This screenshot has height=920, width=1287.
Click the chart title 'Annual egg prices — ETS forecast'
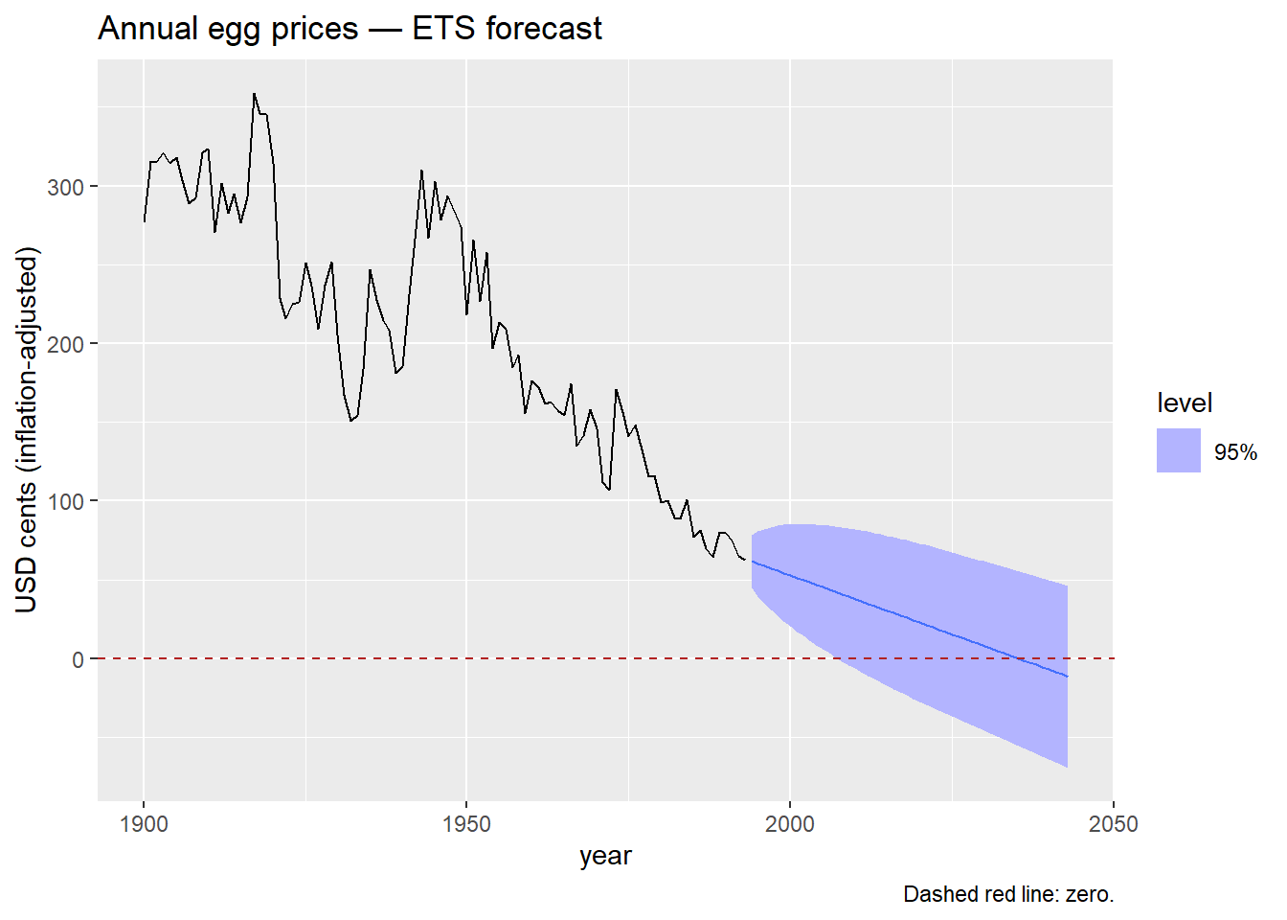click(x=350, y=29)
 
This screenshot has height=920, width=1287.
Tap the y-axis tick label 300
click(x=65, y=187)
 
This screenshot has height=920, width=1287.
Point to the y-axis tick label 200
click(x=65, y=344)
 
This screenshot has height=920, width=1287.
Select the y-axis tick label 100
click(x=65, y=501)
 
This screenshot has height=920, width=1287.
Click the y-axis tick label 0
click(x=78, y=659)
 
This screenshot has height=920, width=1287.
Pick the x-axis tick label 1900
click(x=144, y=824)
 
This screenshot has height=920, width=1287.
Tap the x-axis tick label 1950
click(x=466, y=824)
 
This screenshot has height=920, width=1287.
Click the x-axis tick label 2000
click(x=790, y=824)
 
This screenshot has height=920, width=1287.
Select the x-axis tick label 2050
click(x=1113, y=824)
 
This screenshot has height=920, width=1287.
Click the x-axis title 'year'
click(x=605, y=856)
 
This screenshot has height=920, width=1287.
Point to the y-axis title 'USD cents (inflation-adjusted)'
click(x=27, y=430)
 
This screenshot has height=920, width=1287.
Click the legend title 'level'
click(x=1185, y=403)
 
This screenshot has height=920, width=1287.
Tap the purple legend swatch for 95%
click(x=1178, y=450)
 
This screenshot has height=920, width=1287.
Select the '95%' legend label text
click(x=1235, y=452)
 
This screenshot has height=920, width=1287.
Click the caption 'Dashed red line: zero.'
click(x=1008, y=894)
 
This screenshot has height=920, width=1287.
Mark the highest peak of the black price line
click(x=254, y=94)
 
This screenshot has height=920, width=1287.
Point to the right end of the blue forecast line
click(x=1067, y=677)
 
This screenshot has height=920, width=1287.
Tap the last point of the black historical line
click(x=745, y=559)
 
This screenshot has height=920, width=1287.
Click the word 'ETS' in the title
click(x=444, y=29)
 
